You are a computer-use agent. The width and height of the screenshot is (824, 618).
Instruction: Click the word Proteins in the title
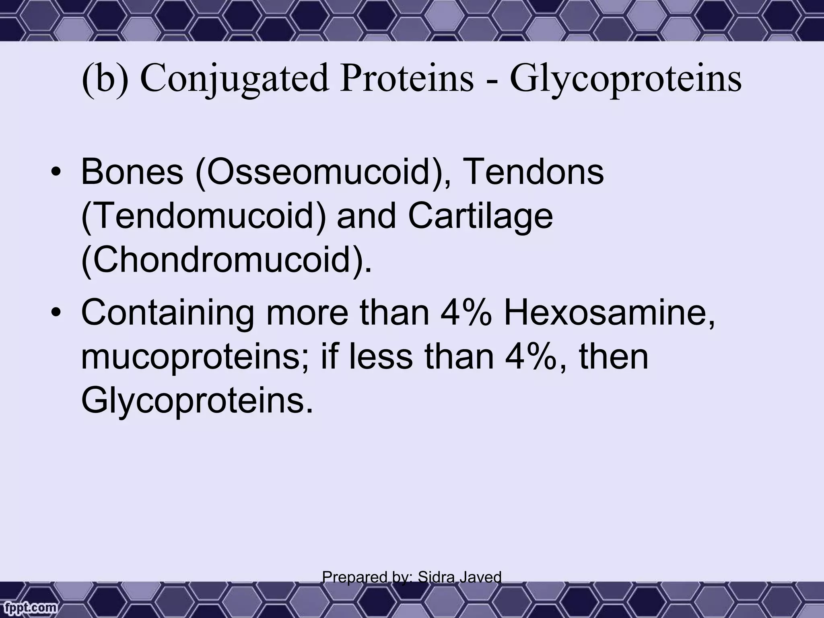(x=406, y=79)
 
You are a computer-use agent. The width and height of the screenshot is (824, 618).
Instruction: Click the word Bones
(x=132, y=172)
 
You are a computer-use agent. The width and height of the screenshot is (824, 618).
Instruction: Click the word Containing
(x=167, y=313)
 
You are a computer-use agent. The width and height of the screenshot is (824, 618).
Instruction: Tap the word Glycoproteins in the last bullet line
(x=197, y=401)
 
